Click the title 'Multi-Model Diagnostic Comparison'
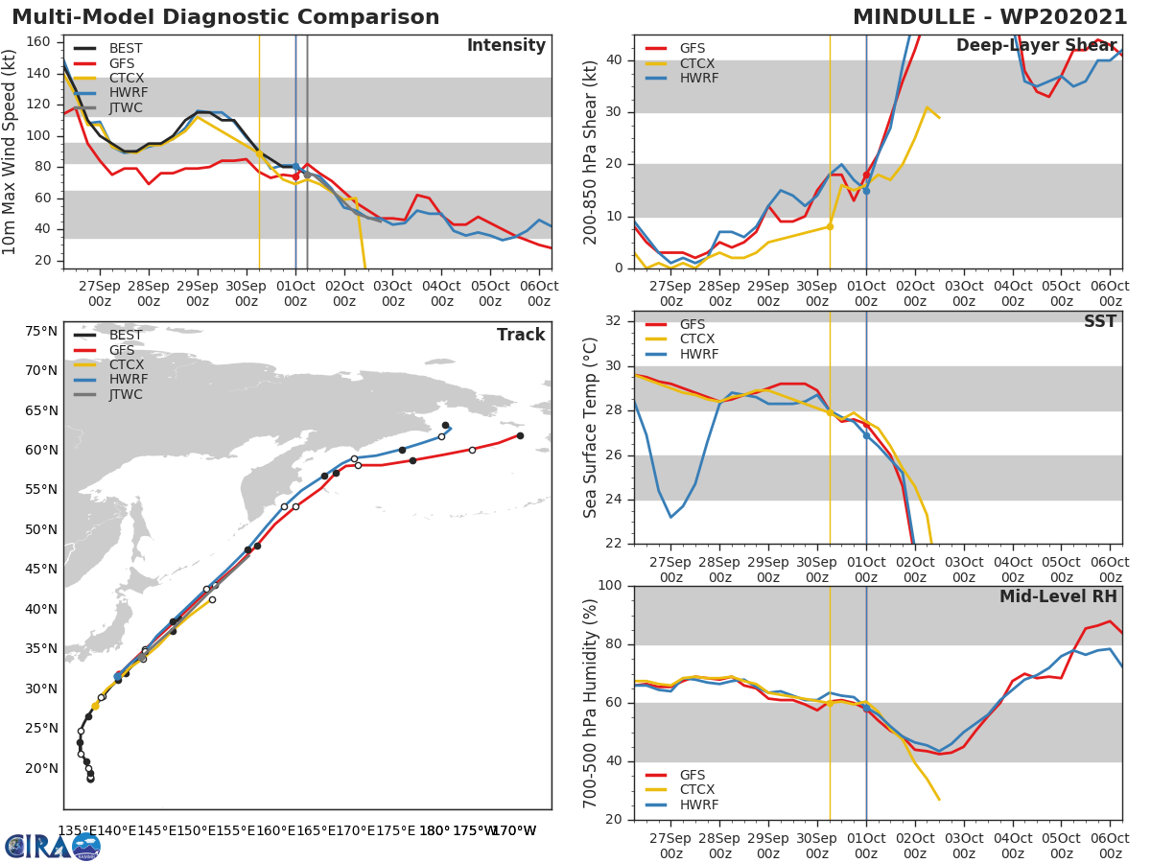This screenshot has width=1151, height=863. tap(225, 17)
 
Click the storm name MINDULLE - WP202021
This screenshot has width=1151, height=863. tap(989, 17)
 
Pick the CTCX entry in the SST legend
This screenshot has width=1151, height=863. tap(697, 339)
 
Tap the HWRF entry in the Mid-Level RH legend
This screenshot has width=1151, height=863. tap(697, 805)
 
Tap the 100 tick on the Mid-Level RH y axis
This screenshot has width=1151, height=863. tap(612, 586)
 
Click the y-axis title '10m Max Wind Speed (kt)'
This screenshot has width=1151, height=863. tap(11, 152)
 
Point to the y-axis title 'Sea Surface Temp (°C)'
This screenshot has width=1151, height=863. tap(591, 428)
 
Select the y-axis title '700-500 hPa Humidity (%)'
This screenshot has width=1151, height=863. tap(591, 702)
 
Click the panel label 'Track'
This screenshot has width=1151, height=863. tap(521, 335)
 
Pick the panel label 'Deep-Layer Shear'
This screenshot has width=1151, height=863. tap(1036, 47)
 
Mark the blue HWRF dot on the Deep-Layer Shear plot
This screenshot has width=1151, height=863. tap(866, 191)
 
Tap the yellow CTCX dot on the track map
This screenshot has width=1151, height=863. tap(95, 706)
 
